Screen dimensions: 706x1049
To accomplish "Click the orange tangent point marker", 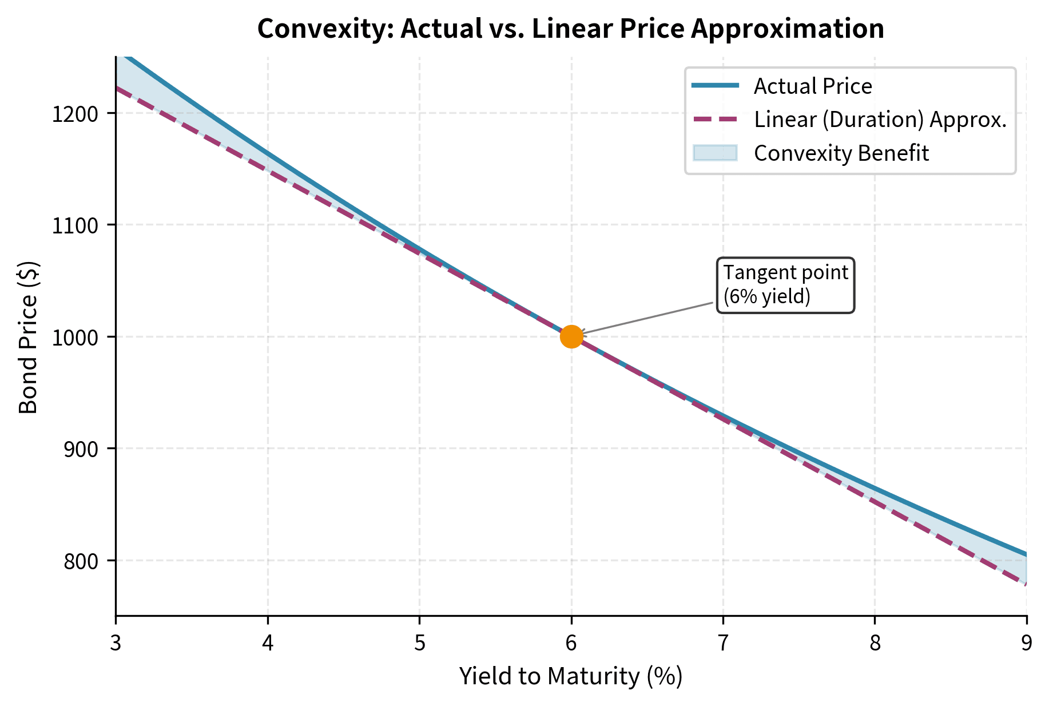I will point(571,336).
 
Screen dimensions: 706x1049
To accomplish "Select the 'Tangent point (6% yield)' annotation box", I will point(785,285).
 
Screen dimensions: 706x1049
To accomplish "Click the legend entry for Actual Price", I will point(812,86).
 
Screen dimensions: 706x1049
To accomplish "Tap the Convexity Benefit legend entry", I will point(841,153).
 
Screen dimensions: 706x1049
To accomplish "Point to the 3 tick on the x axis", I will point(116,644).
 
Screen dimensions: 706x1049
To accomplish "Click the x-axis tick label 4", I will point(268,644).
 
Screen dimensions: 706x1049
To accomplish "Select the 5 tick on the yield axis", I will point(419,644).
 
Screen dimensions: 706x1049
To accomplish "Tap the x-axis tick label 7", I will point(723,644).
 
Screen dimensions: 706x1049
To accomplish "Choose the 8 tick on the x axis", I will point(875,644).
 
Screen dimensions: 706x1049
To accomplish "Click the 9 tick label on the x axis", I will point(1027,644).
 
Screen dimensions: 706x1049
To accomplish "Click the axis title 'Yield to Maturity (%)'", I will point(571,676).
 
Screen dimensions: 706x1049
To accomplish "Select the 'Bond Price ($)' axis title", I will point(28,337).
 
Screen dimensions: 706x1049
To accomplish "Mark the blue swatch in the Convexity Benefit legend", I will point(715,153).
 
